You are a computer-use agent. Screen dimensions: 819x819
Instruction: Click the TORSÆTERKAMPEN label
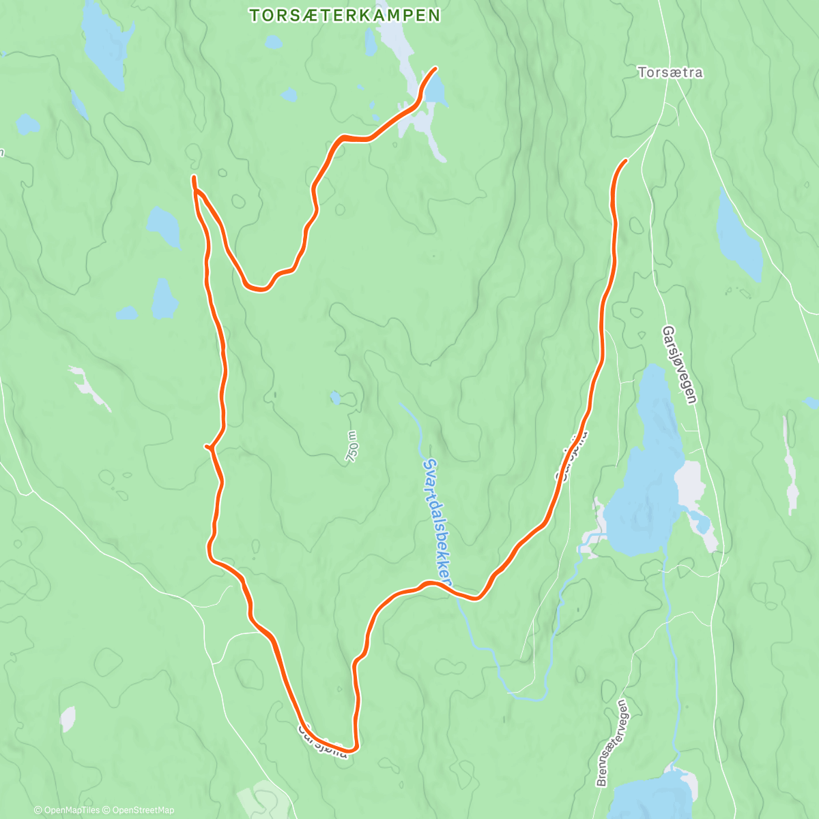344,16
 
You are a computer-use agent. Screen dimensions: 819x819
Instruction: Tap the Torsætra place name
670,72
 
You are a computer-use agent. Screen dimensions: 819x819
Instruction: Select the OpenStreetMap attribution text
143,810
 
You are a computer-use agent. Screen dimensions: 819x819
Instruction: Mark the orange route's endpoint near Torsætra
625,160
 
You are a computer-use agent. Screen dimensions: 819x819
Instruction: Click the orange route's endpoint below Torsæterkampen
435,68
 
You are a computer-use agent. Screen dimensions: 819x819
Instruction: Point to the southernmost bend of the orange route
352,747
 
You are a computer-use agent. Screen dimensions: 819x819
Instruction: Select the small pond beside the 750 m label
336,397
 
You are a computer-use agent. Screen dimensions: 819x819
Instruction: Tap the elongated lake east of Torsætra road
738,235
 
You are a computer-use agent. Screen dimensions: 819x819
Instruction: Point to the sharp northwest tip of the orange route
194,178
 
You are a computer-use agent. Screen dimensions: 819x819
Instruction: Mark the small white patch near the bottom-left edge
68,719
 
